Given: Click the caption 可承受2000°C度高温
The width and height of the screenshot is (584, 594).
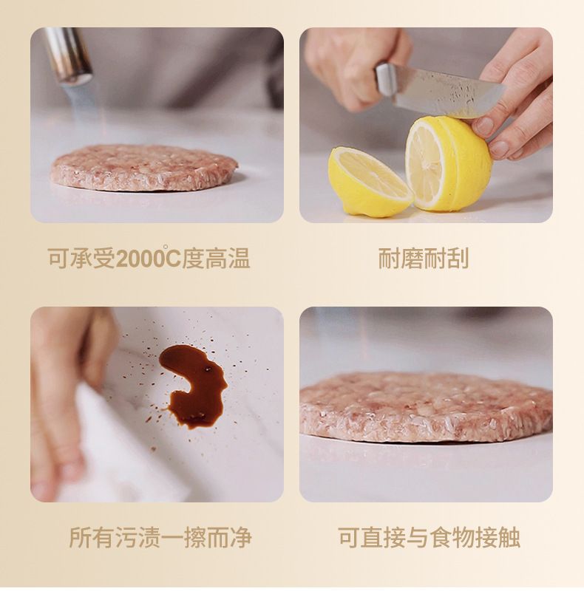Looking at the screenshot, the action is pyautogui.click(x=149, y=258).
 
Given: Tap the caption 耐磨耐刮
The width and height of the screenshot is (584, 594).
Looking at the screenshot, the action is pyautogui.click(x=424, y=259).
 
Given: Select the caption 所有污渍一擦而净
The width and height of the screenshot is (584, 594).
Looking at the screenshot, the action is pyautogui.click(x=160, y=537).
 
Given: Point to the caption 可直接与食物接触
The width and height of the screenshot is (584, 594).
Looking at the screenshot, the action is pyautogui.click(x=429, y=537).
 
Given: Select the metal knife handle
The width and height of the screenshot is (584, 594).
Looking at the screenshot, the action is pyautogui.click(x=386, y=80).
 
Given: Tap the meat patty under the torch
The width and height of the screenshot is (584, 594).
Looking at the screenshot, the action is pyautogui.click(x=144, y=167).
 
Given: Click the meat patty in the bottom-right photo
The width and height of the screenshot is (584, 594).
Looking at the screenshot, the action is pyautogui.click(x=426, y=406).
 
